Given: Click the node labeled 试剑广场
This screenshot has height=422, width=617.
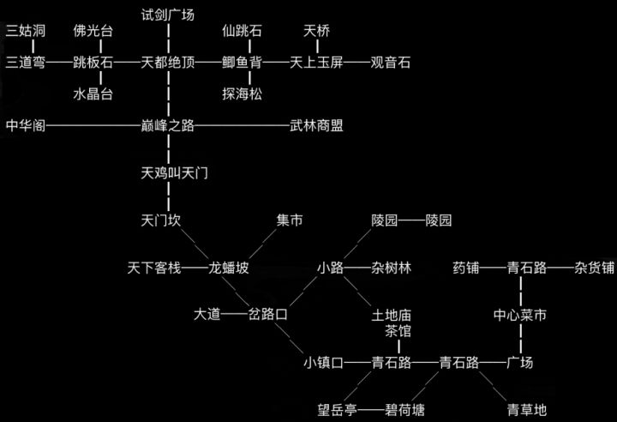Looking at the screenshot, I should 168,15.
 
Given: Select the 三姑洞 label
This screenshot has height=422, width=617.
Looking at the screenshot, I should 26,31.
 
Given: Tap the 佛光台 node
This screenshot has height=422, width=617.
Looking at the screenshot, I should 93,31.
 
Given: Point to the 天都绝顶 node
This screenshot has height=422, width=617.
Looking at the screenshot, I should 168,63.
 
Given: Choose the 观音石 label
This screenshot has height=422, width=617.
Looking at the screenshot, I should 391,63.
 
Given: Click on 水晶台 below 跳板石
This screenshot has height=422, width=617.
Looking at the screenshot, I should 93,93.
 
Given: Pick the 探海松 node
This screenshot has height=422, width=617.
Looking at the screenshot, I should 242,93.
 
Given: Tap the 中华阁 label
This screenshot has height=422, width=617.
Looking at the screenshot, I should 26,126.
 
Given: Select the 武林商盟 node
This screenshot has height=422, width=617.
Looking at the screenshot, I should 316,126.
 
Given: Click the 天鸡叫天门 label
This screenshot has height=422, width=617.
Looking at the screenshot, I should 175,173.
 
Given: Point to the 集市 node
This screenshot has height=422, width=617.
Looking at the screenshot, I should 290,220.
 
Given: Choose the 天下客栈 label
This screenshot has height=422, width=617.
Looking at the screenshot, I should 155,268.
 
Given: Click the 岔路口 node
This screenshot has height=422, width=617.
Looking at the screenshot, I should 267,315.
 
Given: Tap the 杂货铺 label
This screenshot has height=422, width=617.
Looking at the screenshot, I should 595,268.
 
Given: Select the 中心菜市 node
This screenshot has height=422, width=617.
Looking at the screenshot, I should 520,315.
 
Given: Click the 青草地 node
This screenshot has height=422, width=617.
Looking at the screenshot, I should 526,409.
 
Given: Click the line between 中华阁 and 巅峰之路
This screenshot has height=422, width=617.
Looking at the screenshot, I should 93,126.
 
